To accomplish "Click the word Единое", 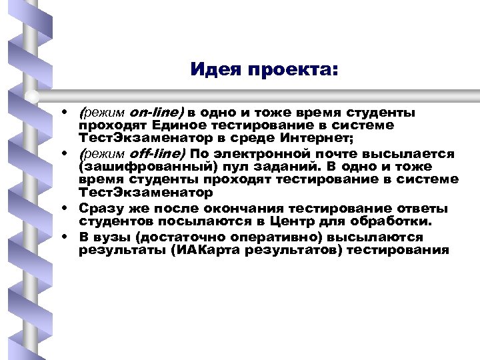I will tap(177, 125).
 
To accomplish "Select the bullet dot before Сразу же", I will tap(68, 208).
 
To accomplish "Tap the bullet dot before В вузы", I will tap(68, 237).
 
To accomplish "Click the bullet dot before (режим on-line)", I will tap(68, 112).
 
